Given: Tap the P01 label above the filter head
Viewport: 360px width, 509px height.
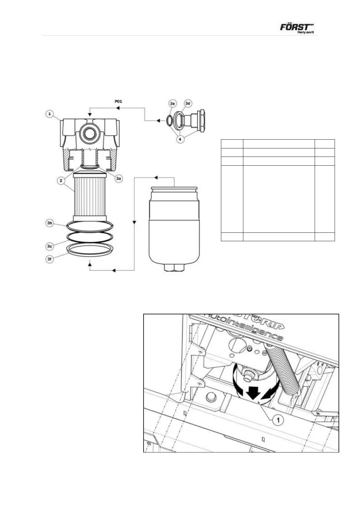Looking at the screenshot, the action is [x=118, y=101].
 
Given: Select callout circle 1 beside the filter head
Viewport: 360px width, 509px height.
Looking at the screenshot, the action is [x=50, y=114].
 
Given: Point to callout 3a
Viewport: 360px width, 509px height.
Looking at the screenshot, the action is [x=118, y=179].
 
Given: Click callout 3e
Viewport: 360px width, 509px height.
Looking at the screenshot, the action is [x=173, y=104].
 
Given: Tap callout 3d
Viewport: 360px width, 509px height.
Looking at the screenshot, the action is [x=188, y=104].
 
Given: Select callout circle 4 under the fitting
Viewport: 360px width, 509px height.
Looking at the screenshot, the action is [x=180, y=139].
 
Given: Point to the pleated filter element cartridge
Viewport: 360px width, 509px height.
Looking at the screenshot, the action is [x=89, y=193].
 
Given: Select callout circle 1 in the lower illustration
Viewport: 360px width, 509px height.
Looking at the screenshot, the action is [x=278, y=420].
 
